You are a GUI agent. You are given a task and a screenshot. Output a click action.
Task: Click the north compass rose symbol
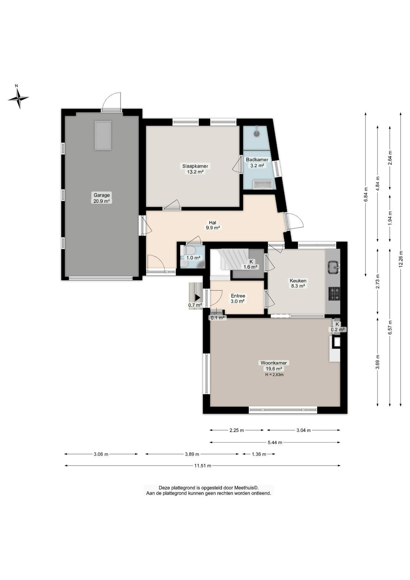click(18, 98)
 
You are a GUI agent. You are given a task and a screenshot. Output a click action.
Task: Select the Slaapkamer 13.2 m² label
click(195, 169)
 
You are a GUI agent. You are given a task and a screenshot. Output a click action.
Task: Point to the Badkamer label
click(257, 160)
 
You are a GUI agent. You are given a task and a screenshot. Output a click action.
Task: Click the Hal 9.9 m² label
click(213, 225)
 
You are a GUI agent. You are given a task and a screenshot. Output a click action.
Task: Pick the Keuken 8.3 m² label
click(298, 283)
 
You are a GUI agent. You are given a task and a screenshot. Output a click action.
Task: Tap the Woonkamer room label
click(273, 363)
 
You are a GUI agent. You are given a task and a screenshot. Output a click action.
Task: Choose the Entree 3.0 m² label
click(238, 299)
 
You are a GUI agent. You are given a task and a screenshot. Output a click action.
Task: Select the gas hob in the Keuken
click(334, 294)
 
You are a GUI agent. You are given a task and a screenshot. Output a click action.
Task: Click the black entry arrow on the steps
click(198, 298)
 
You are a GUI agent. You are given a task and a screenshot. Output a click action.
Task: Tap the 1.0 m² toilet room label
click(193, 258)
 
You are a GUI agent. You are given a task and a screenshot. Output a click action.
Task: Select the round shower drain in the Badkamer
click(256, 134)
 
